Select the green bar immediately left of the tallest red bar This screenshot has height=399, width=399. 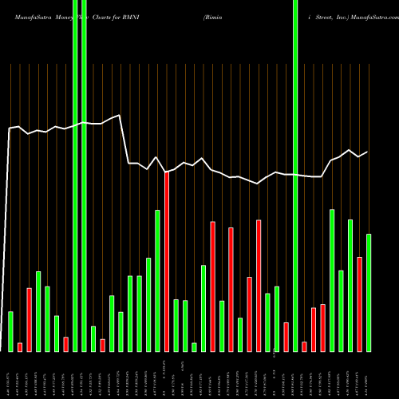(x=157, y=280)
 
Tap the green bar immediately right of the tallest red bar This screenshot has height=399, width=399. (x=176, y=325)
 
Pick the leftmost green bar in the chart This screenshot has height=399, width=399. (x=10, y=331)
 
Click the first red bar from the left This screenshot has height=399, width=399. (x=20, y=346)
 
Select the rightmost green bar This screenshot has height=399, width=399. (x=369, y=292)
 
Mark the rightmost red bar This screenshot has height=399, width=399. (x=359, y=304)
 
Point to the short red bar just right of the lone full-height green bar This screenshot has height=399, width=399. (x=304, y=346)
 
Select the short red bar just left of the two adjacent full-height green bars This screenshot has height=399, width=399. (x=65, y=344)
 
